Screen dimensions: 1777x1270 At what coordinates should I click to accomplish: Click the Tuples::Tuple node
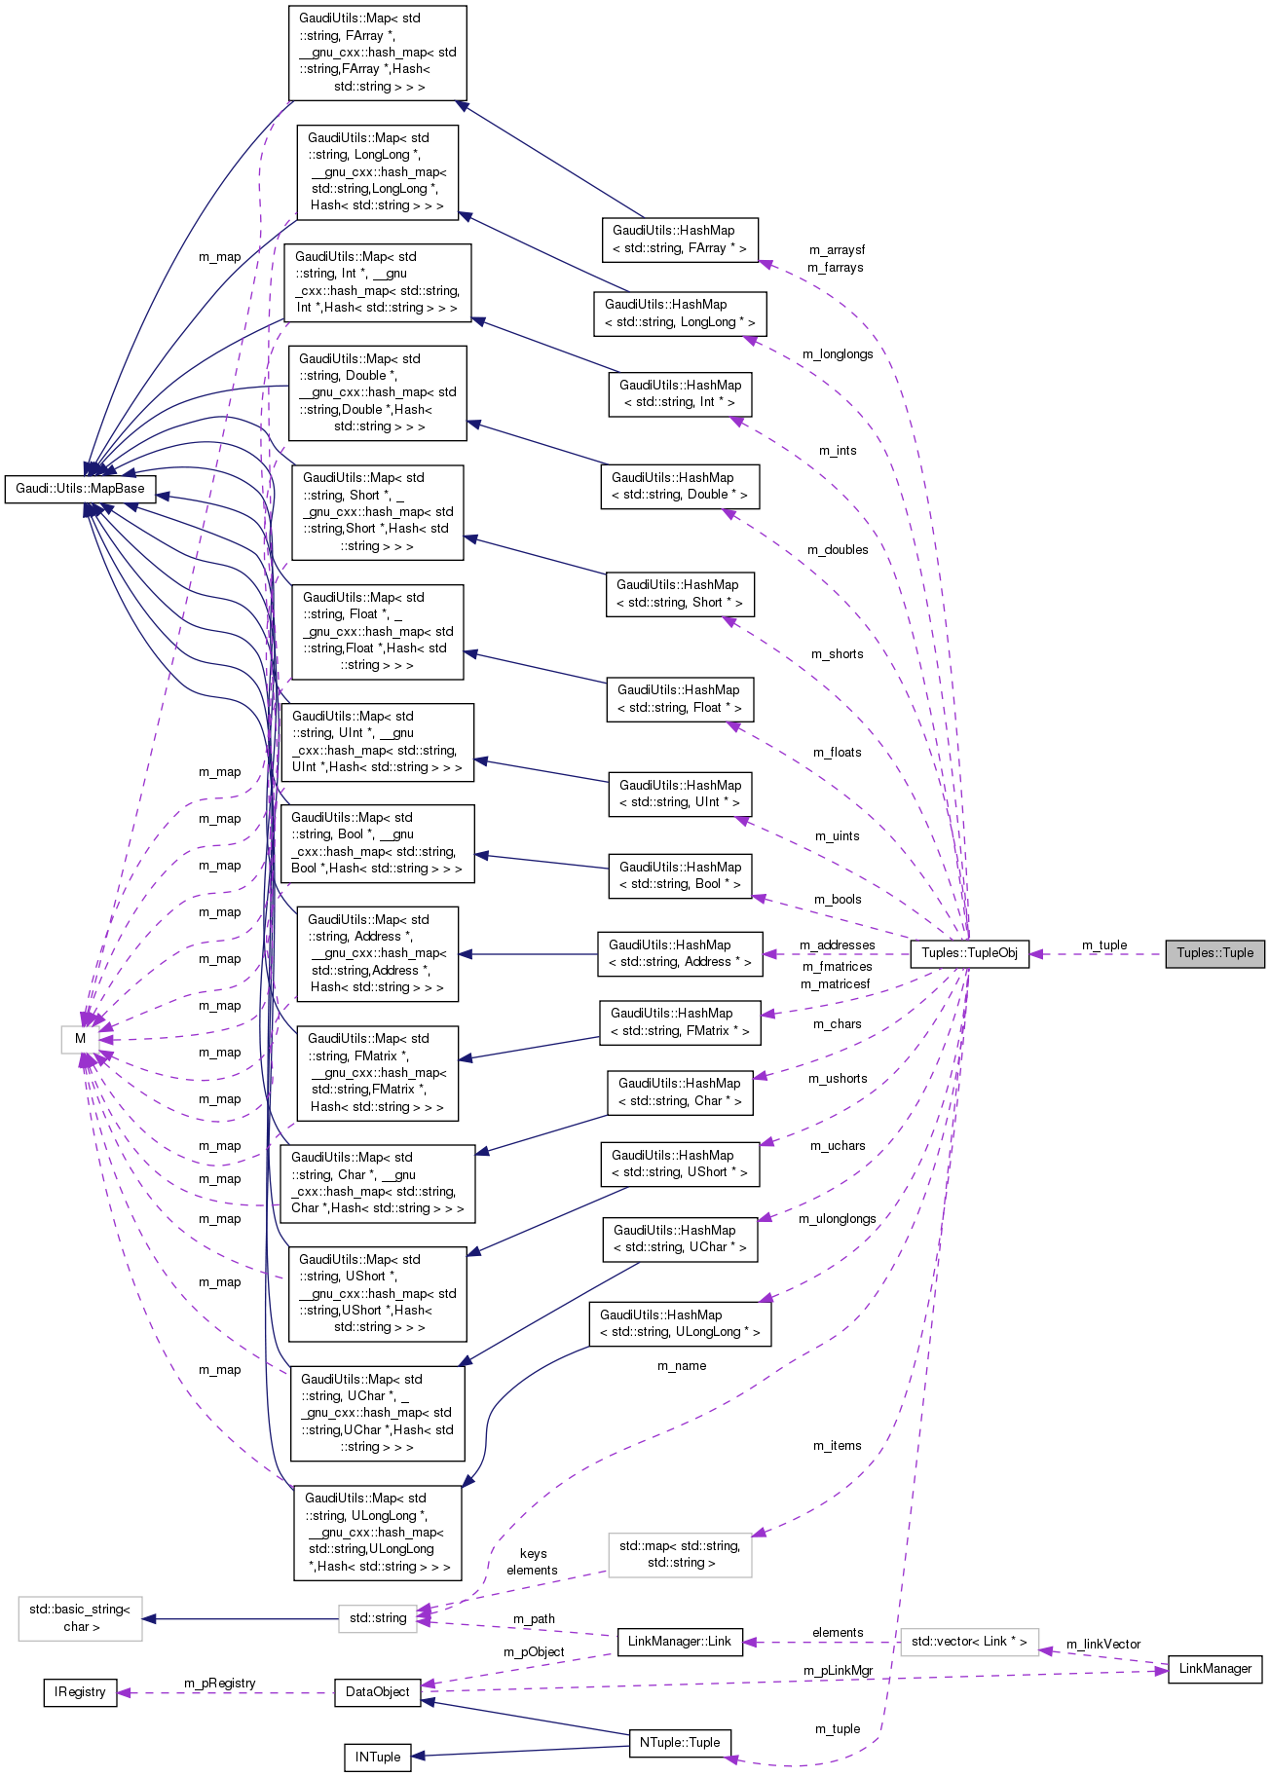pyautogui.click(x=1214, y=953)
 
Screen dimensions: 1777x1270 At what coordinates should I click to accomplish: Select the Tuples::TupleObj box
pyautogui.click(x=969, y=953)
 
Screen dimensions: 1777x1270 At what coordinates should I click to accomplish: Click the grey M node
pyautogui.click(x=80, y=1039)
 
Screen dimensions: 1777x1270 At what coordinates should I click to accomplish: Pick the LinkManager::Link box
pyautogui.click(x=680, y=1642)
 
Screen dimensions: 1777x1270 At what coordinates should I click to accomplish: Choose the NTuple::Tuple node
pyautogui.click(x=680, y=1743)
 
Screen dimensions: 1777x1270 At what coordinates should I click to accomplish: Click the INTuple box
pyautogui.click(x=378, y=1758)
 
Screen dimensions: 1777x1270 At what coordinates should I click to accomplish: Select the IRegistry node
pyautogui.click(x=80, y=1692)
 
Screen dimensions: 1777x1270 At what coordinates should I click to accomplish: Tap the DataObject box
pyautogui.click(x=378, y=1692)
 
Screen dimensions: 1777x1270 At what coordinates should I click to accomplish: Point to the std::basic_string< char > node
pyautogui.click(x=80, y=1618)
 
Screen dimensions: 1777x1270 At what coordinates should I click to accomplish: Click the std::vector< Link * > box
pyautogui.click(x=969, y=1642)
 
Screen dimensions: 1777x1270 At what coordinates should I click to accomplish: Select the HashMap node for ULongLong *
pyautogui.click(x=680, y=1323)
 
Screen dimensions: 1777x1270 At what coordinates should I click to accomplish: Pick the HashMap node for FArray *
pyautogui.click(x=680, y=240)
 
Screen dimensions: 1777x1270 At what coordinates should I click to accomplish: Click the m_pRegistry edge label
pyautogui.click(x=220, y=1684)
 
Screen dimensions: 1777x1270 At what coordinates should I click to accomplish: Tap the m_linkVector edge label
pyautogui.click(x=1102, y=1645)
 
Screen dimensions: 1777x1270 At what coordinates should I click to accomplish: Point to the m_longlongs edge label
pyautogui.click(x=838, y=354)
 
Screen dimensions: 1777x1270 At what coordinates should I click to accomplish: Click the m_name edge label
pyautogui.click(x=682, y=1366)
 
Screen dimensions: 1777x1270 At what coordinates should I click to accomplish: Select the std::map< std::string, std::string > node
pyautogui.click(x=680, y=1555)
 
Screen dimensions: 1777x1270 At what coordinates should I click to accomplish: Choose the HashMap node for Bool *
pyautogui.click(x=680, y=875)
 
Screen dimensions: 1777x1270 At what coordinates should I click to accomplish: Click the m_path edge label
pyautogui.click(x=534, y=1619)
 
